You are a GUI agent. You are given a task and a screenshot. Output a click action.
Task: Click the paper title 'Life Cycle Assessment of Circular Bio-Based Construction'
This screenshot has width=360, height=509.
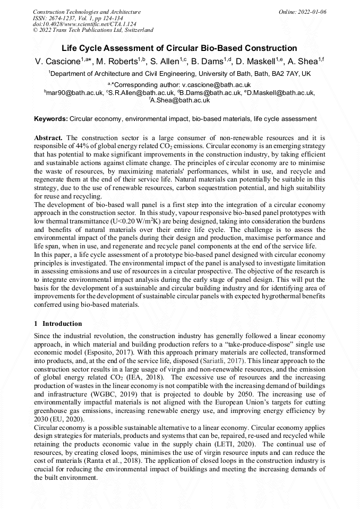[179, 48]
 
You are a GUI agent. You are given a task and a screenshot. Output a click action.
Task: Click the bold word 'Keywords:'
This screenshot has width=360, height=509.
[51, 118]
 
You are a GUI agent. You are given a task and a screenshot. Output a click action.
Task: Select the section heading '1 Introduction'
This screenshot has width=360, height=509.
[58, 323]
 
